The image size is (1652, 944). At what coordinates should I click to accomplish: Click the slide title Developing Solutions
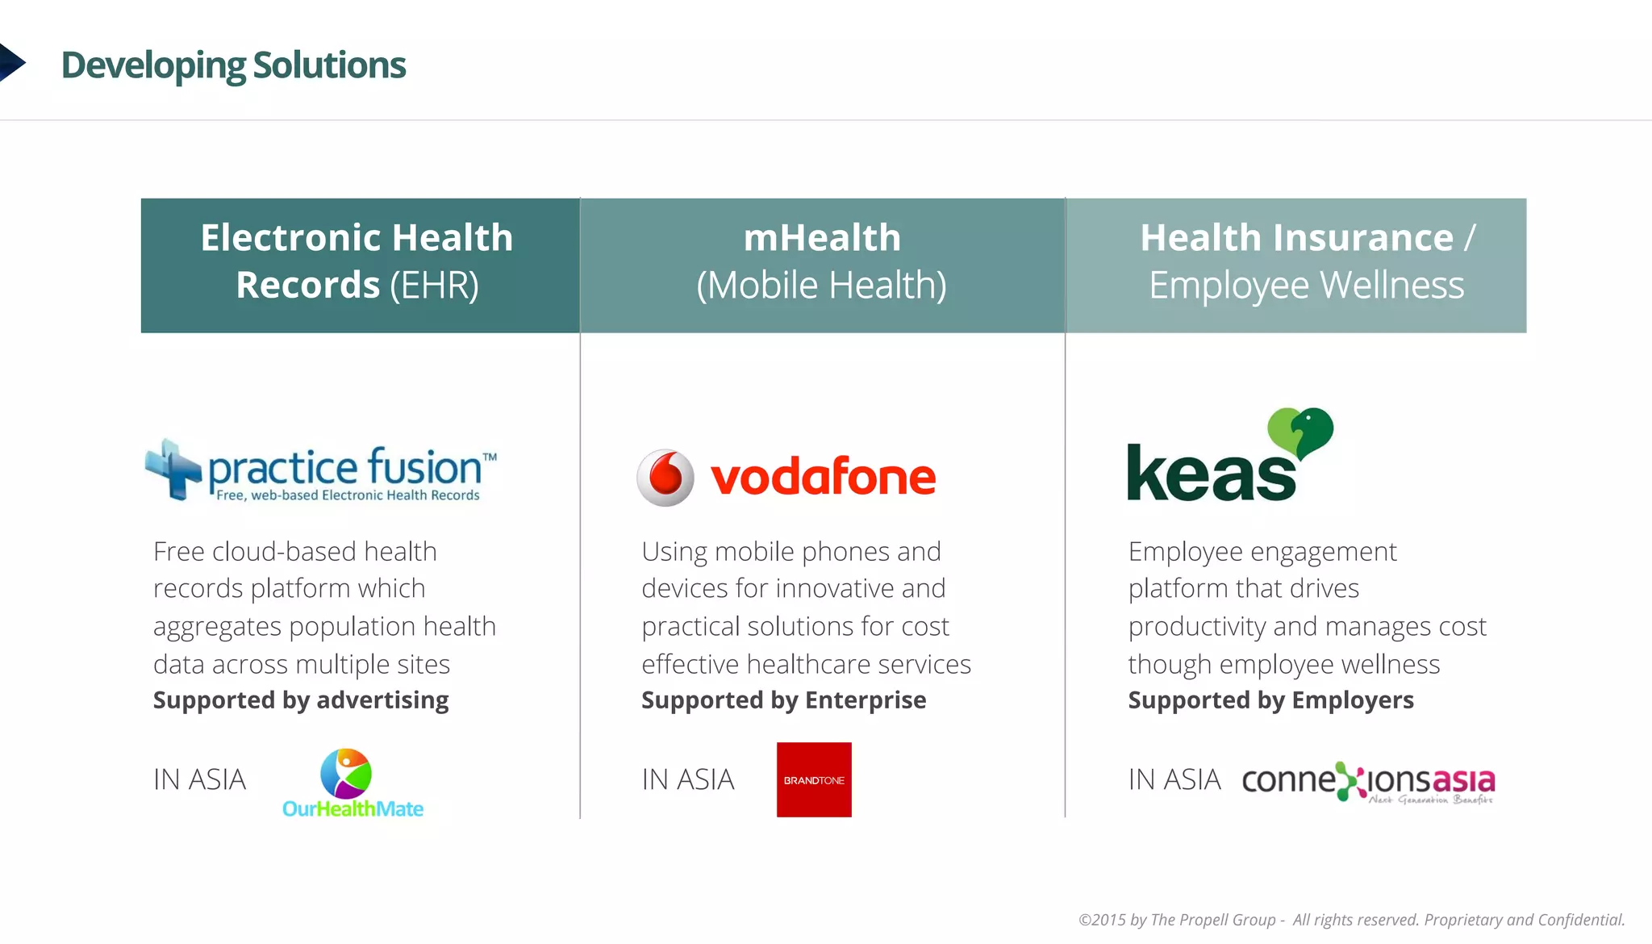[x=233, y=65]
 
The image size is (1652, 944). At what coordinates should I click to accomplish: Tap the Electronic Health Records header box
[x=359, y=265]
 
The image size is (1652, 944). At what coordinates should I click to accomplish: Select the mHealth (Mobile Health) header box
[x=821, y=265]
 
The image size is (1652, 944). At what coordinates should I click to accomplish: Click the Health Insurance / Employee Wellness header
[x=1296, y=265]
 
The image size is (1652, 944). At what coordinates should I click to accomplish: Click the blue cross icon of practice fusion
[x=173, y=470]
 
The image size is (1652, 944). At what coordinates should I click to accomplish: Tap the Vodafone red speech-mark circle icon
[x=665, y=478]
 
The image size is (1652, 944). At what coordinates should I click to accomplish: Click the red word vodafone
[x=823, y=478]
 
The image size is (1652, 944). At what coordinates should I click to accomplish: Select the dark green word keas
[x=1210, y=474]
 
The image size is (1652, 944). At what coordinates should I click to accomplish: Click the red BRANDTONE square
[x=814, y=779]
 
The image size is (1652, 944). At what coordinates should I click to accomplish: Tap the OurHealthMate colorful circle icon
[x=346, y=772]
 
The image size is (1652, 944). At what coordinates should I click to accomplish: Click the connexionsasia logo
[x=1367, y=782]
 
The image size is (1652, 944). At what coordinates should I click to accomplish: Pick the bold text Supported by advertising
[x=301, y=700]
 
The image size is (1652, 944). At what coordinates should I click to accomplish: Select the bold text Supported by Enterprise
[x=783, y=700]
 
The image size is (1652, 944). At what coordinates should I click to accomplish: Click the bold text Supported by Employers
[x=1270, y=700]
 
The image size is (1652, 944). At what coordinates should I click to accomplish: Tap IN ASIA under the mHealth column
[x=688, y=779]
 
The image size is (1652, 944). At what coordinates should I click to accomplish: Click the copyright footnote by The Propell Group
[x=1351, y=920]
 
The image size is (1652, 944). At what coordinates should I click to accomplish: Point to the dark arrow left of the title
[x=11, y=63]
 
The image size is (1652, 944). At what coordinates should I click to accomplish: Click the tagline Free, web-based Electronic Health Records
[x=348, y=495]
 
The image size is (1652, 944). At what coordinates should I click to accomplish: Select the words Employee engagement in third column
[x=1262, y=552]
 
